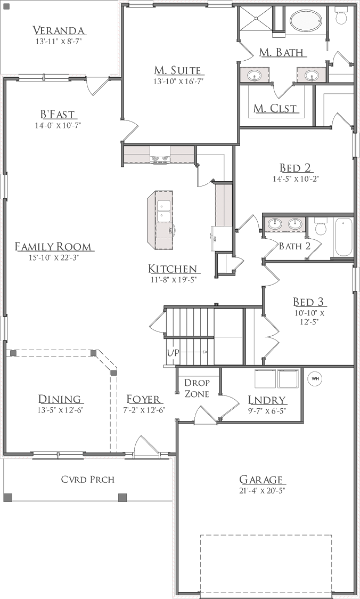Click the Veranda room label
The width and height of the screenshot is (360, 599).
59,30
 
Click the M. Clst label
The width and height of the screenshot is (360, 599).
275,109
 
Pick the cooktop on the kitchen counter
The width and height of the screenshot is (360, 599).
160,157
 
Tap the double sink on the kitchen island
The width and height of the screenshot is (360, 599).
164,211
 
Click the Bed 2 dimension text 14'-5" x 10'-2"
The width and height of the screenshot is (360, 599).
296,180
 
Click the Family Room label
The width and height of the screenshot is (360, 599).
53,247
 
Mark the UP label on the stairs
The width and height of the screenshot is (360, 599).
173,352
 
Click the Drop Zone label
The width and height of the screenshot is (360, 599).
197,388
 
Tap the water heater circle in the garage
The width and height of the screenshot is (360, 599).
314,378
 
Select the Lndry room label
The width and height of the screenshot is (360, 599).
267,400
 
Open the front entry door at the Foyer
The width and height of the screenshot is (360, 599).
145,447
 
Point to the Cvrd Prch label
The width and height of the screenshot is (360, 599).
88,479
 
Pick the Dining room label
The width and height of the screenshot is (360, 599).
60,399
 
